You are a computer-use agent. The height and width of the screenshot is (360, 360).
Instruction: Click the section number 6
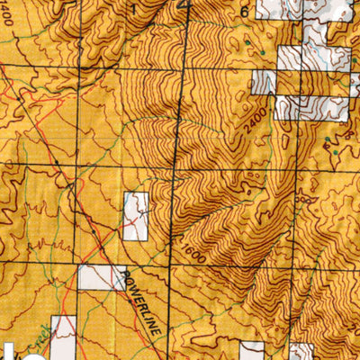243,12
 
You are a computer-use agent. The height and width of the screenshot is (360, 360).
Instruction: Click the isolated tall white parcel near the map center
135,216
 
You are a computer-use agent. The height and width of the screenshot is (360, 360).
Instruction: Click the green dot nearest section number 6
246,41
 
